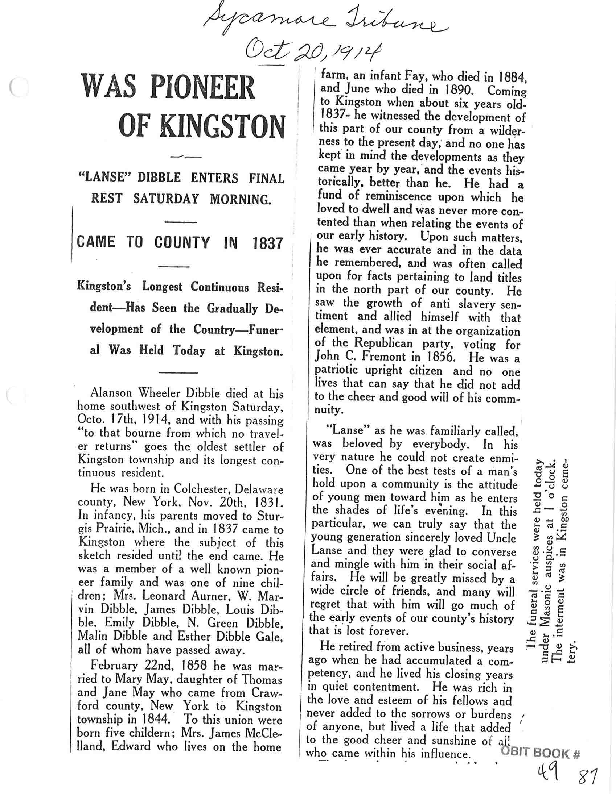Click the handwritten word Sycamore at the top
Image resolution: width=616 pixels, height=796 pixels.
tap(268, 22)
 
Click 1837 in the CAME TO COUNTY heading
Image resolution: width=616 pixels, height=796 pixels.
tap(267, 243)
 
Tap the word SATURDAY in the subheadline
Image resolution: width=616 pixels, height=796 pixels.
tap(166, 199)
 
